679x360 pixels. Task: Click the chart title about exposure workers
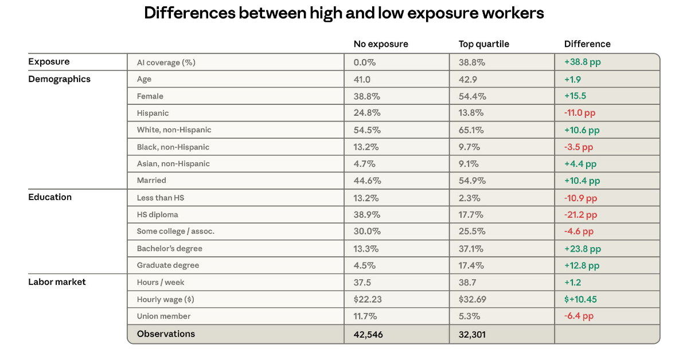(x=344, y=14)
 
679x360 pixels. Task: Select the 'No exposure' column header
(x=381, y=44)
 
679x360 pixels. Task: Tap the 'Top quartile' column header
(x=483, y=44)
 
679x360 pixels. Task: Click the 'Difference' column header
(x=587, y=44)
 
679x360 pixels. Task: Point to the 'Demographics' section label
(x=59, y=79)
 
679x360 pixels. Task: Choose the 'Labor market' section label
(x=57, y=282)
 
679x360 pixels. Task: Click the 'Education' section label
(x=50, y=197)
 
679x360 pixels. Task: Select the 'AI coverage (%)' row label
(x=166, y=62)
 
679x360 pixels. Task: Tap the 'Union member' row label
(x=163, y=316)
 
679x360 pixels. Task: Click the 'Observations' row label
(x=166, y=334)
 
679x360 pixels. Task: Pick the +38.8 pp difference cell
(x=582, y=62)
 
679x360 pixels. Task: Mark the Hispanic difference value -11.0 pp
(x=580, y=113)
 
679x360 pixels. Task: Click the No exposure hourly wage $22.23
(x=369, y=299)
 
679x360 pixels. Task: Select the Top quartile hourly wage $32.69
(x=474, y=299)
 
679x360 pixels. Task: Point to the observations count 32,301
(x=472, y=335)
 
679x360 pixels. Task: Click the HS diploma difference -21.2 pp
(x=580, y=215)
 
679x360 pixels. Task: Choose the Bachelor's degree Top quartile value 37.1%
(x=471, y=249)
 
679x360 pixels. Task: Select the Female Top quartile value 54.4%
(x=471, y=96)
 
